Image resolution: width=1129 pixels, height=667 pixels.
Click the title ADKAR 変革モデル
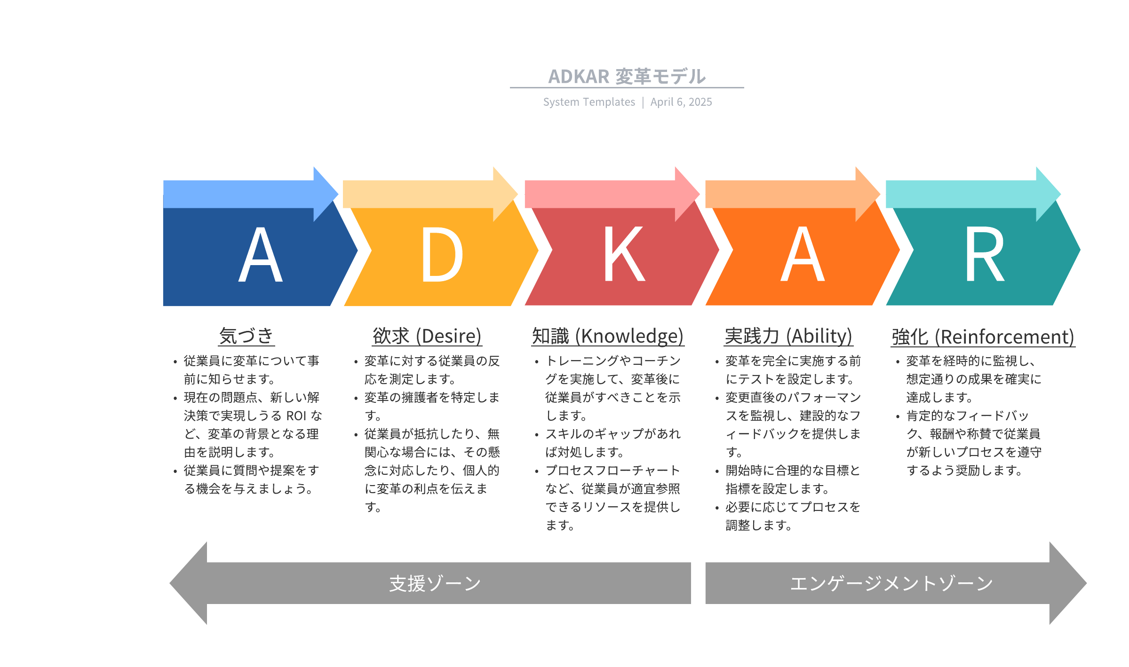click(x=627, y=76)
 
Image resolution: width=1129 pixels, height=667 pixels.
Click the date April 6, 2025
click(x=681, y=102)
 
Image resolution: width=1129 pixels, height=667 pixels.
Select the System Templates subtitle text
click(x=589, y=102)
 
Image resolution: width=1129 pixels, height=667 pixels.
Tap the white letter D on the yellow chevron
click(x=442, y=254)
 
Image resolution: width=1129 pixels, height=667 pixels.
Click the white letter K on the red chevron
click(x=624, y=254)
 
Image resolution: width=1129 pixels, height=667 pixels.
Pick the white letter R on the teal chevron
click(x=985, y=254)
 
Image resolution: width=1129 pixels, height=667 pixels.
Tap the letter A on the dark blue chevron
click(x=261, y=254)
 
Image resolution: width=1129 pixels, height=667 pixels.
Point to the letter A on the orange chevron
click(x=803, y=254)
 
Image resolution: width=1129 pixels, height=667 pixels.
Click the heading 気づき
click(x=246, y=336)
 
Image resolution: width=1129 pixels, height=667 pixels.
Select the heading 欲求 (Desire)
click(x=427, y=336)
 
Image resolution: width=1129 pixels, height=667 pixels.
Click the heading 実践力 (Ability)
click(x=788, y=336)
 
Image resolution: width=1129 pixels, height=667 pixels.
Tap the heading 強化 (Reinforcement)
click(x=983, y=337)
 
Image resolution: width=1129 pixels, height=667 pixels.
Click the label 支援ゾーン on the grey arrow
click(x=435, y=583)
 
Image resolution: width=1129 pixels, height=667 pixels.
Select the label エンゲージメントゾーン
click(x=892, y=583)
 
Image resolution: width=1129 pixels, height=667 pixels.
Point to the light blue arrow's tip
click(x=338, y=194)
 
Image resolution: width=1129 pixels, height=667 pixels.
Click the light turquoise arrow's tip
click(x=1061, y=194)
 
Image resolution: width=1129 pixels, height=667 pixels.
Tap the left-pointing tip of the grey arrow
click(x=170, y=583)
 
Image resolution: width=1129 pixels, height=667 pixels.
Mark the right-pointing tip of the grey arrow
click(x=1087, y=583)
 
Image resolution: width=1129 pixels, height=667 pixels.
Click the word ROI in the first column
click(x=296, y=416)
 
